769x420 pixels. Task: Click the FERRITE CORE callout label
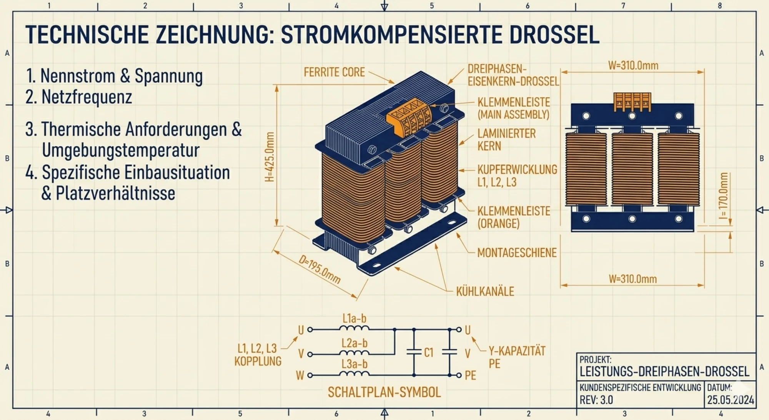click(334, 72)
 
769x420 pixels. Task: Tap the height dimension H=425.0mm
click(270, 157)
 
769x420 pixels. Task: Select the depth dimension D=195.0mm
click(320, 269)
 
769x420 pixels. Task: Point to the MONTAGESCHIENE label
click(517, 253)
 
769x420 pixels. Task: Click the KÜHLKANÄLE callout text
click(485, 291)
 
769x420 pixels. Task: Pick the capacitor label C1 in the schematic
click(429, 353)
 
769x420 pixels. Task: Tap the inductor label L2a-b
click(355, 343)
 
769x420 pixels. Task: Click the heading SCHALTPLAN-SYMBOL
click(384, 392)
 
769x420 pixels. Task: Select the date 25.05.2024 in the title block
click(731, 400)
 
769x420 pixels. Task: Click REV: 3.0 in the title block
click(596, 400)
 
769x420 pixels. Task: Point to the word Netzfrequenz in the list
click(87, 97)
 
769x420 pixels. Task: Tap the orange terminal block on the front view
click(632, 102)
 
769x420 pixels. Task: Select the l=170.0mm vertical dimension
click(723, 196)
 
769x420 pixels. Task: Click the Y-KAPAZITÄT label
click(517, 351)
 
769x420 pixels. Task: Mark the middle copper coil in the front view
click(632, 169)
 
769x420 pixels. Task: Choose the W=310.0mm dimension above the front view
click(633, 65)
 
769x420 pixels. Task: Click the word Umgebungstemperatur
click(121, 150)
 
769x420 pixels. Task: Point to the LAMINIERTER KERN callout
click(506, 140)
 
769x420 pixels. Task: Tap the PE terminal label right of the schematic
click(470, 375)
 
